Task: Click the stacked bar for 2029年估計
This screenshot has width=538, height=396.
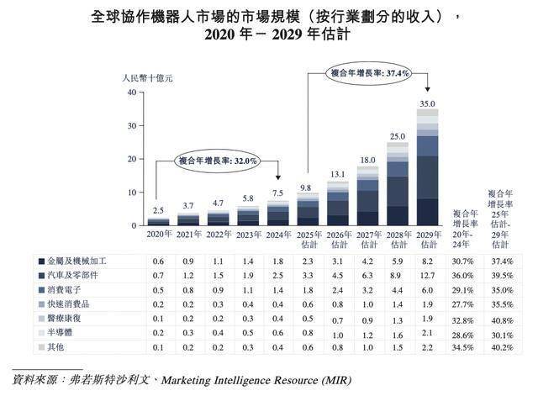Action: point(428,168)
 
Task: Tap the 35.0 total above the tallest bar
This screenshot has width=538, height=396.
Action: point(428,103)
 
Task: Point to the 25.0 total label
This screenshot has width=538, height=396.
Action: point(396,136)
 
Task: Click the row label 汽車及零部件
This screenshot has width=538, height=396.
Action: point(77,275)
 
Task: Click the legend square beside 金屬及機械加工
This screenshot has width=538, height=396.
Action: point(40,261)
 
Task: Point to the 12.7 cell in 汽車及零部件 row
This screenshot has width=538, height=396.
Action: point(427,275)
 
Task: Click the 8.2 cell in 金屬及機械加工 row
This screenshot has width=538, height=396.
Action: point(427,261)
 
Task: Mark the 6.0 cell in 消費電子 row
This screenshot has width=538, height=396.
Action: point(427,289)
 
